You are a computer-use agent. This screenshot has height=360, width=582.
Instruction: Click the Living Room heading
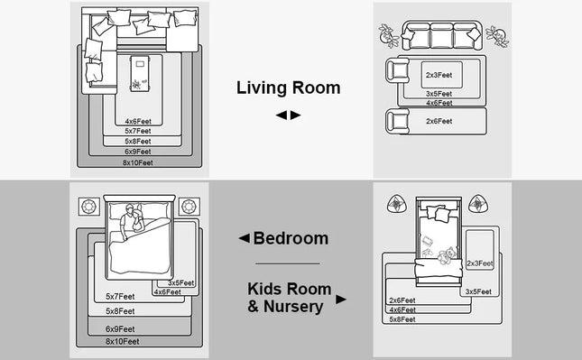pos(289,88)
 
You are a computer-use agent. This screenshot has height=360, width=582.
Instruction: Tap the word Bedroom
pos(291,238)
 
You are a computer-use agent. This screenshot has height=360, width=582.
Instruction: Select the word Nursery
pos(293,307)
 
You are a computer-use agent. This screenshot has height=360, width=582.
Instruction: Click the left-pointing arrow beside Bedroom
pos(245,238)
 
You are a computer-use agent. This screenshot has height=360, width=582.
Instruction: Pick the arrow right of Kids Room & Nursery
pos(341,300)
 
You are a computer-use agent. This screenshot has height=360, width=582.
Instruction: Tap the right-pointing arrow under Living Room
pos(295,115)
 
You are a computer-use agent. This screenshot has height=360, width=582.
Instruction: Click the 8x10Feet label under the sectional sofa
pos(138,162)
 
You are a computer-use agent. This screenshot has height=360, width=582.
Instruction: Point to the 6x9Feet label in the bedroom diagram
pos(120,328)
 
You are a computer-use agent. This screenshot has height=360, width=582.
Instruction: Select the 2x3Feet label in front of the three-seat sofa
pos(439,75)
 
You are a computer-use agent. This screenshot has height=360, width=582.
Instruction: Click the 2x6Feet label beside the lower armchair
pos(439,121)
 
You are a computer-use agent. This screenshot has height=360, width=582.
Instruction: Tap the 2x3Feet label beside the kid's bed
pos(480,263)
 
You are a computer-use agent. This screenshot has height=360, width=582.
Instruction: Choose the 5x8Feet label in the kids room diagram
pos(402,319)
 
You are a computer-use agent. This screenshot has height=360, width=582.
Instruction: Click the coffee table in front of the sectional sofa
pos(140,73)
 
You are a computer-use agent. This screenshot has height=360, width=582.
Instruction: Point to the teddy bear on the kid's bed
pos(447,255)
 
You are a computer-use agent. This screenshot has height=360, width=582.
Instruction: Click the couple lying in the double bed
pos(132,219)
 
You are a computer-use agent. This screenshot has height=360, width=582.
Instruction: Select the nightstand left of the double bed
pos(89,207)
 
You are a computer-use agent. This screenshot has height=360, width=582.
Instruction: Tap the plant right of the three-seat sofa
pos(497,36)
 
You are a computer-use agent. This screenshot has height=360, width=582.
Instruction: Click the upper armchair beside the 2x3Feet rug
pos(397,70)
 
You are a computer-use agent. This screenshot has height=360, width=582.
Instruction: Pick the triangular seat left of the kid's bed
pos(396,204)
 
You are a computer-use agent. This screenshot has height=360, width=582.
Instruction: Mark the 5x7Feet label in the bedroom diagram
pos(120,297)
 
